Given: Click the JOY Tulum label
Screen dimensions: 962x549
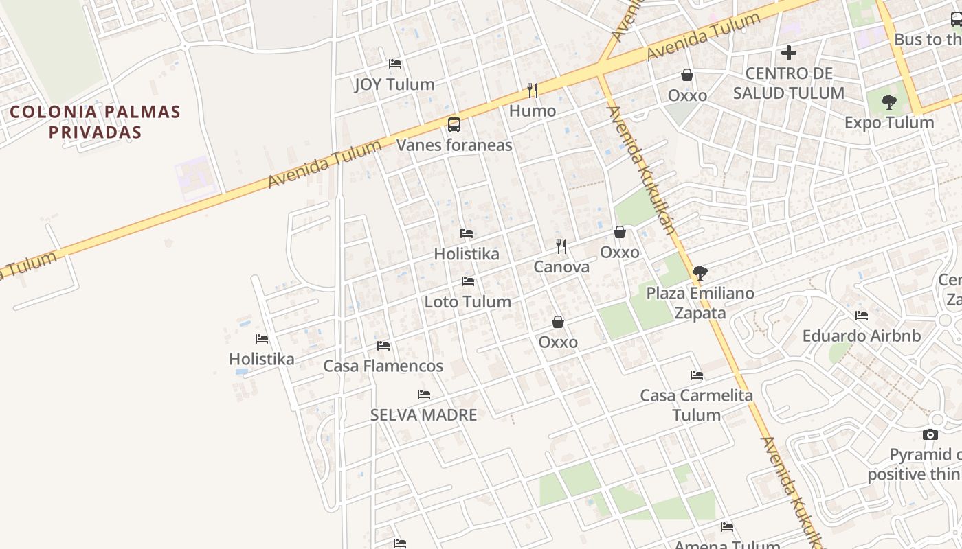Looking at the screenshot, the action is coord(394,84).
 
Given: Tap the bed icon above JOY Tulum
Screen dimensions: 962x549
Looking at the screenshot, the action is coord(395,64).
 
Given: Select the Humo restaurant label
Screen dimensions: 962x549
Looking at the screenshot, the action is coord(532,110).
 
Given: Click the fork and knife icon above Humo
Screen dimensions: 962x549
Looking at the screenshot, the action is coord(532,90).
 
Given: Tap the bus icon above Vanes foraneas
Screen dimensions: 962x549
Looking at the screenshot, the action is coord(454,124).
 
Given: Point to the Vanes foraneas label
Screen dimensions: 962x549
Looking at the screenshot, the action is coord(454,145).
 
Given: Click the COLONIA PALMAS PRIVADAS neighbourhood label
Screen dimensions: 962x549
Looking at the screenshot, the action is coord(95,121).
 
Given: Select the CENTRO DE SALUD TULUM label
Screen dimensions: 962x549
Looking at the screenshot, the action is coord(788,83).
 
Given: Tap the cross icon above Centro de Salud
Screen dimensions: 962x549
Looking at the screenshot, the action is coord(789,52).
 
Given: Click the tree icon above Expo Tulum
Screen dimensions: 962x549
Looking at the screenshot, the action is coord(889,102).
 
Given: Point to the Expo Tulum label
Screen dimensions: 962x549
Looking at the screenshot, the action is coord(889,123).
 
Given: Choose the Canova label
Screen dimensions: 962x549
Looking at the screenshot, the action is coord(561,267).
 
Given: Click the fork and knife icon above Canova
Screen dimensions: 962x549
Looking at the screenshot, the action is coord(561,246).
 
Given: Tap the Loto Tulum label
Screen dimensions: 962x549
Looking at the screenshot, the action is coord(467,302).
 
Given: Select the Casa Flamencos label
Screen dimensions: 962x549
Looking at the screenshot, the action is coord(383,366).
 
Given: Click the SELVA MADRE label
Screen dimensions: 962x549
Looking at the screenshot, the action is coord(423,414).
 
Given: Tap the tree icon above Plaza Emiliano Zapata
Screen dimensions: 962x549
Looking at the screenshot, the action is coord(700,273).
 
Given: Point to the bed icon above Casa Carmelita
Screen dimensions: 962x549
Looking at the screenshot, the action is coord(697,375).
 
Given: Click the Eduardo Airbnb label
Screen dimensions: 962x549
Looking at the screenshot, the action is coord(862,336).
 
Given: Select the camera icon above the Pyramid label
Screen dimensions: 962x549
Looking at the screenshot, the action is coord(930,434).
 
